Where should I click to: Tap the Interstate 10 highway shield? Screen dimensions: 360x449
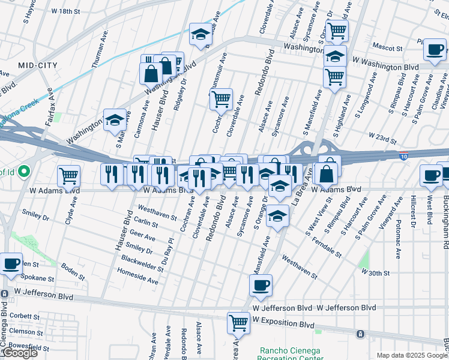pos(403,156)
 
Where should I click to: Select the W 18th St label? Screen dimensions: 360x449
pos(65,11)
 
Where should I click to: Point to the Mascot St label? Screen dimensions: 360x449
pos(387,47)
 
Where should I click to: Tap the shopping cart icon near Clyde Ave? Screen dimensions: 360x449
pos(69,176)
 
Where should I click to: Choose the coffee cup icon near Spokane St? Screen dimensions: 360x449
pos(11,264)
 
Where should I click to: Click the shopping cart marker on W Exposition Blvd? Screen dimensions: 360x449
pos(238,322)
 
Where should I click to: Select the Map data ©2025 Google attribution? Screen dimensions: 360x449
pos(412,355)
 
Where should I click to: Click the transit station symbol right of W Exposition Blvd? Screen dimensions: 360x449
pos(360,334)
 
